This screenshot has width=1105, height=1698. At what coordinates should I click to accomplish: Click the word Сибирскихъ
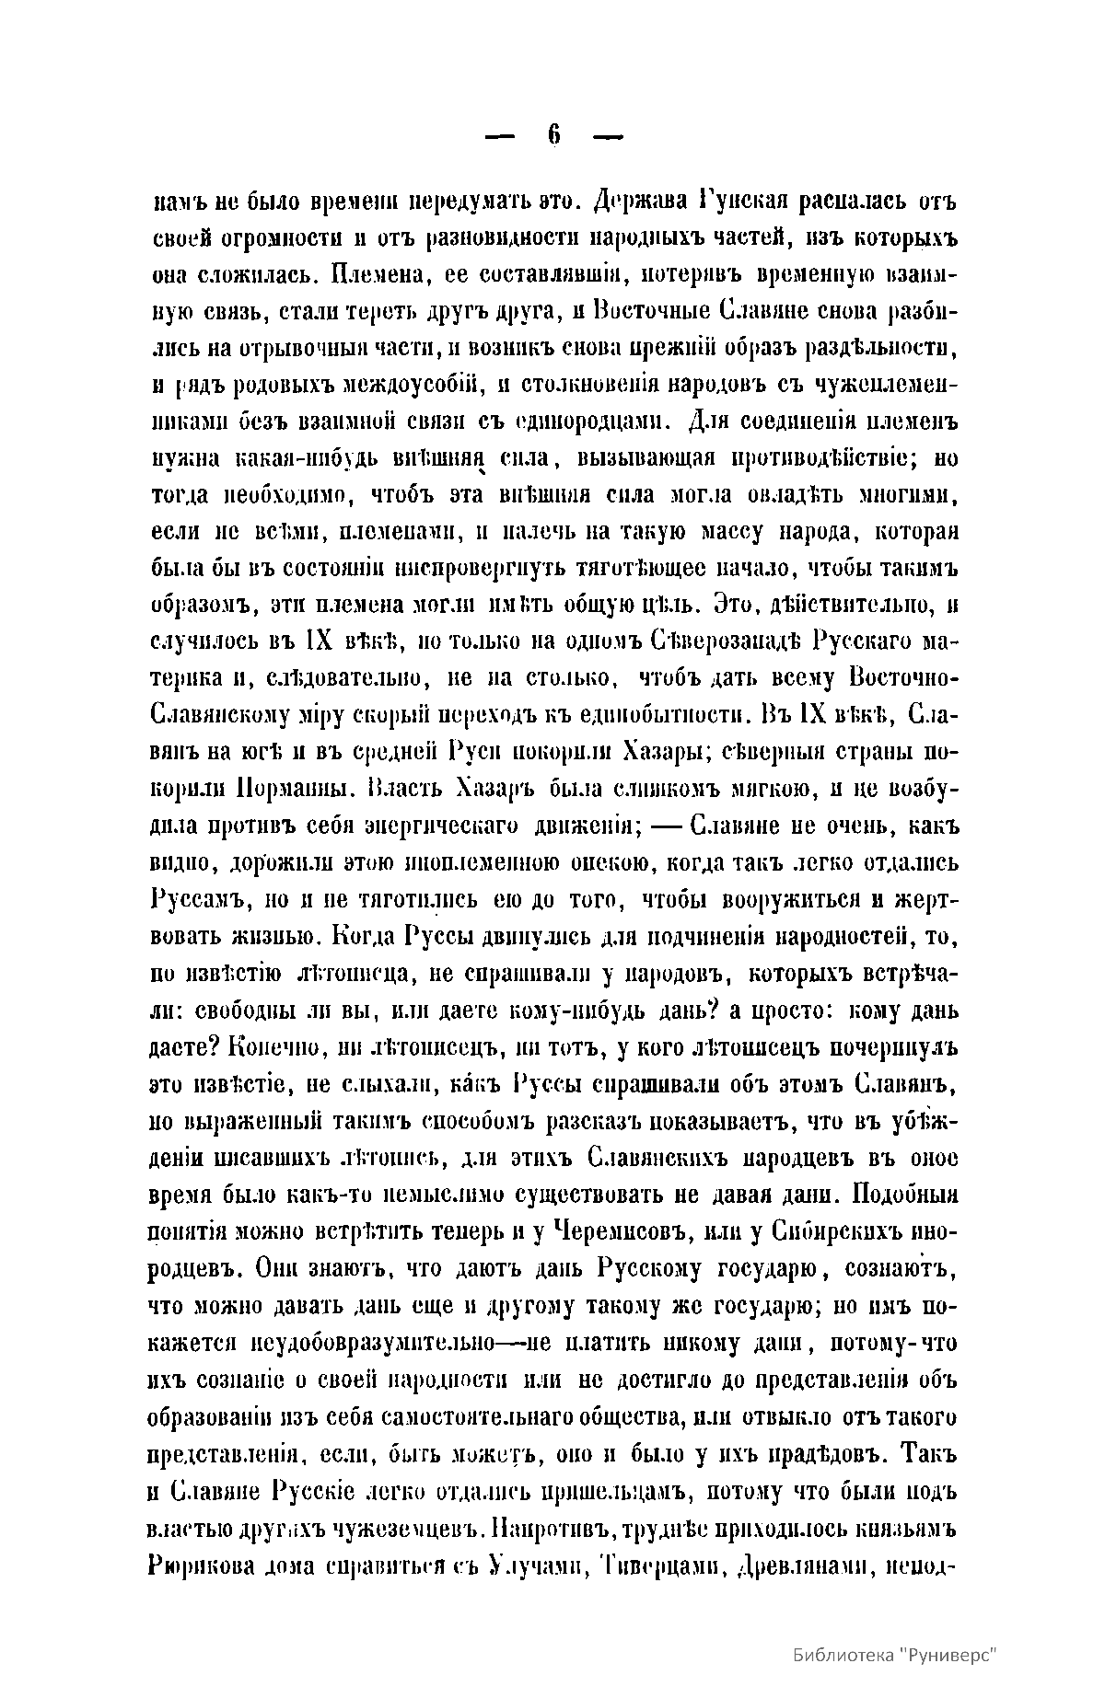[x=828, y=1230]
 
